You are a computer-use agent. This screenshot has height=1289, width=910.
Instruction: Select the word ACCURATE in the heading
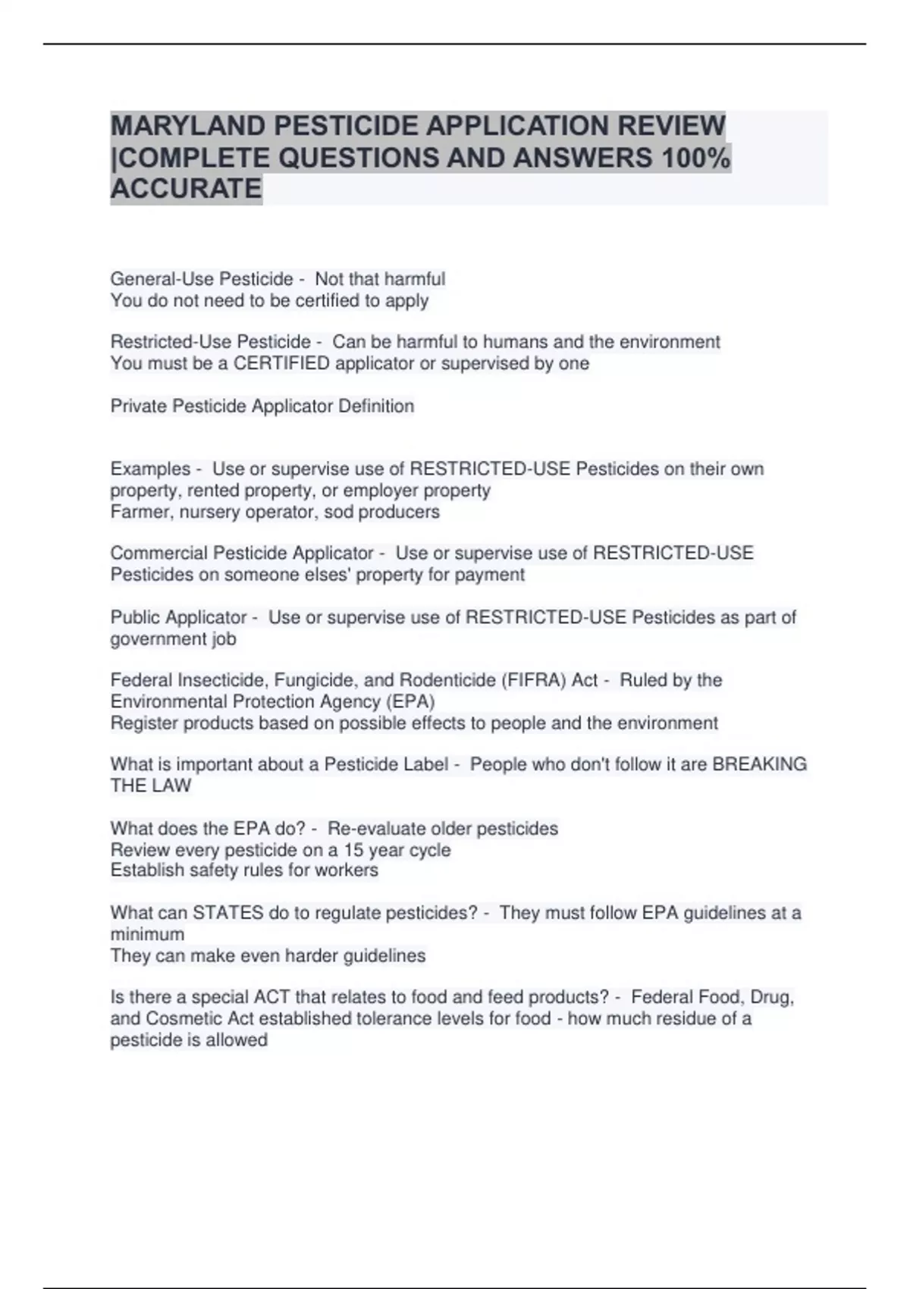coord(186,188)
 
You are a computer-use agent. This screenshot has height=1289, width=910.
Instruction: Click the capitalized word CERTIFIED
coord(281,364)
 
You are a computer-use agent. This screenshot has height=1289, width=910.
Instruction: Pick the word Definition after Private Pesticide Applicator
coord(376,406)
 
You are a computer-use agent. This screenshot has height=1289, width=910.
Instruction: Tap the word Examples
coord(150,469)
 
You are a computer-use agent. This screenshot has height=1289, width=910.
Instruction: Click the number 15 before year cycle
coord(353,850)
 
